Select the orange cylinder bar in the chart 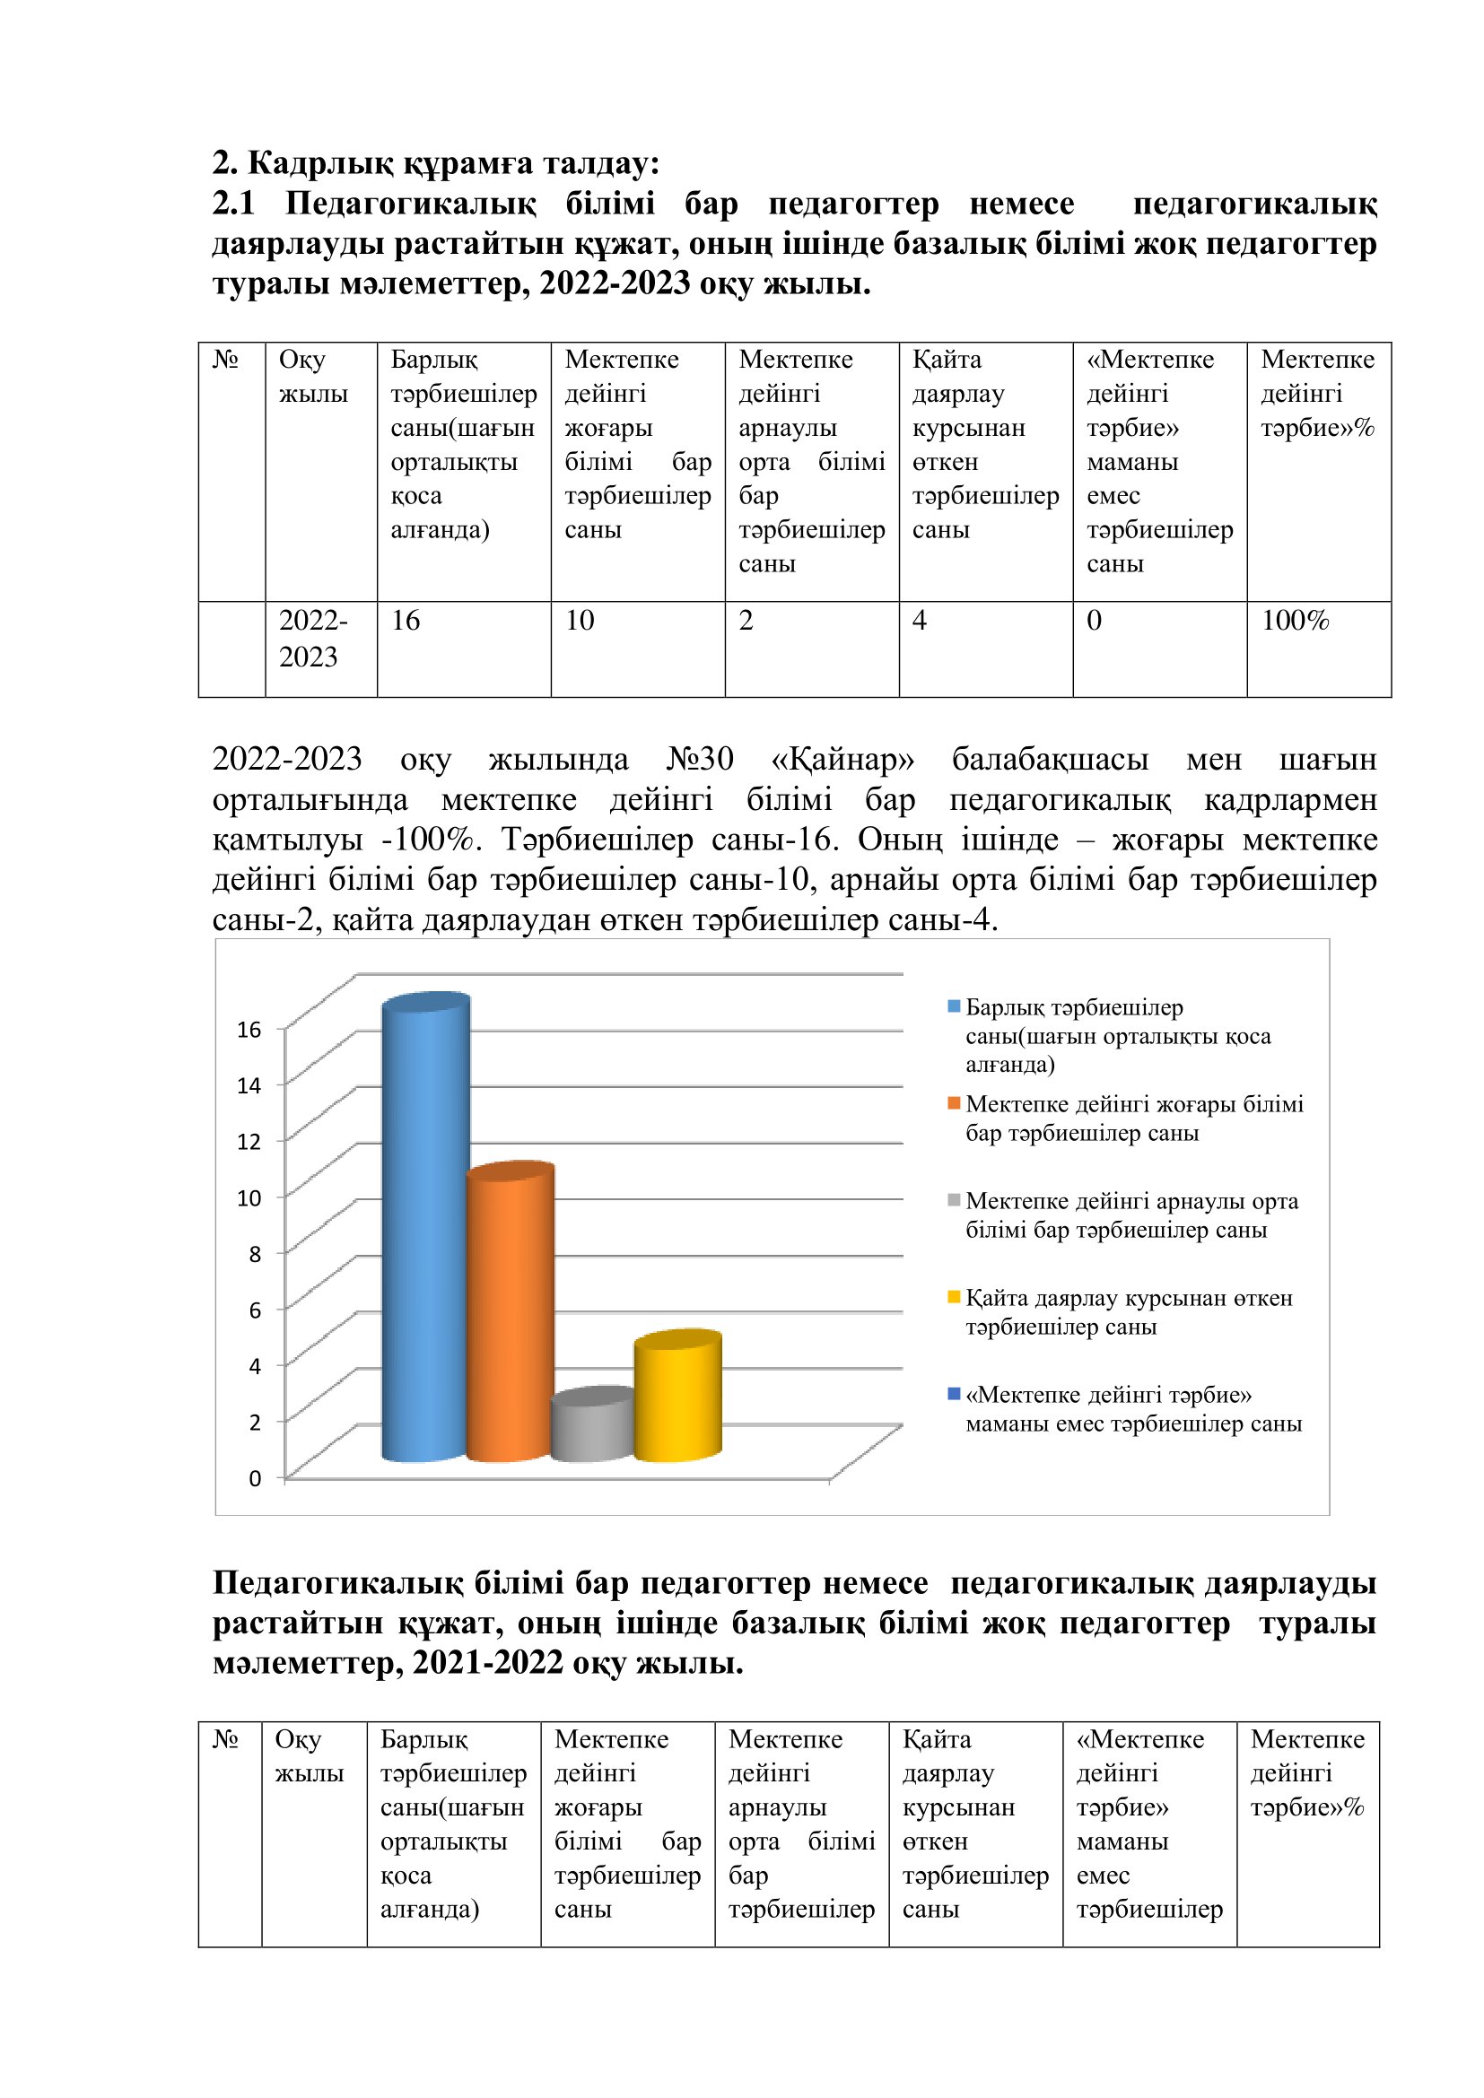coord(510,1316)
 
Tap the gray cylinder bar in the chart coord(592,1426)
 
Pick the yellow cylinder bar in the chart coord(677,1397)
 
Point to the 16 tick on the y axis coord(249,1030)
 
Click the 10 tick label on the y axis coord(249,1198)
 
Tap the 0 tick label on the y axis coord(255,1478)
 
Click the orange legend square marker coord(954,1103)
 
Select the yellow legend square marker coord(954,1297)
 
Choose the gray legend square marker coord(954,1200)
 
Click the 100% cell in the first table coord(1294,621)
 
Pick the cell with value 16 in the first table coord(406,621)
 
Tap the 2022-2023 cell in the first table coord(312,639)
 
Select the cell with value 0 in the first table coord(1094,621)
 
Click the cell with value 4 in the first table coord(920,621)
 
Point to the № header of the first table coord(226,359)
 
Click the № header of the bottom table coord(226,1739)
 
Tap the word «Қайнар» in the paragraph coord(842,760)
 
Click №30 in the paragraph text coord(699,760)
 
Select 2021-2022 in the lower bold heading coord(487,1662)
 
